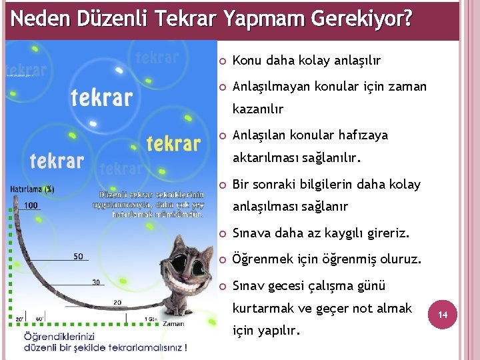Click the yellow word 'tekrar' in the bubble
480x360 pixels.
pyautogui.click(x=173, y=143)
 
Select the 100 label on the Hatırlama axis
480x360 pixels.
pyautogui.click(x=31, y=205)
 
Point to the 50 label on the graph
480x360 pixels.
pyautogui.click(x=78, y=257)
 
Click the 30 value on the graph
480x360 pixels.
pyautogui.click(x=96, y=282)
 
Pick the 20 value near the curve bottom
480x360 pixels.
pyautogui.click(x=117, y=303)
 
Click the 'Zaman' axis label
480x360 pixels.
pyautogui.click(x=173, y=323)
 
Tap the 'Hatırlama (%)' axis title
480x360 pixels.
pyautogui.click(x=32, y=189)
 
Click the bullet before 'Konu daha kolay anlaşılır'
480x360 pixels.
pyautogui.click(x=223, y=61)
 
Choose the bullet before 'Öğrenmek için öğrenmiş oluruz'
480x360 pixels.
pyautogui.click(x=223, y=260)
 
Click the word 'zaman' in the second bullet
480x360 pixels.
pyautogui.click(x=407, y=87)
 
